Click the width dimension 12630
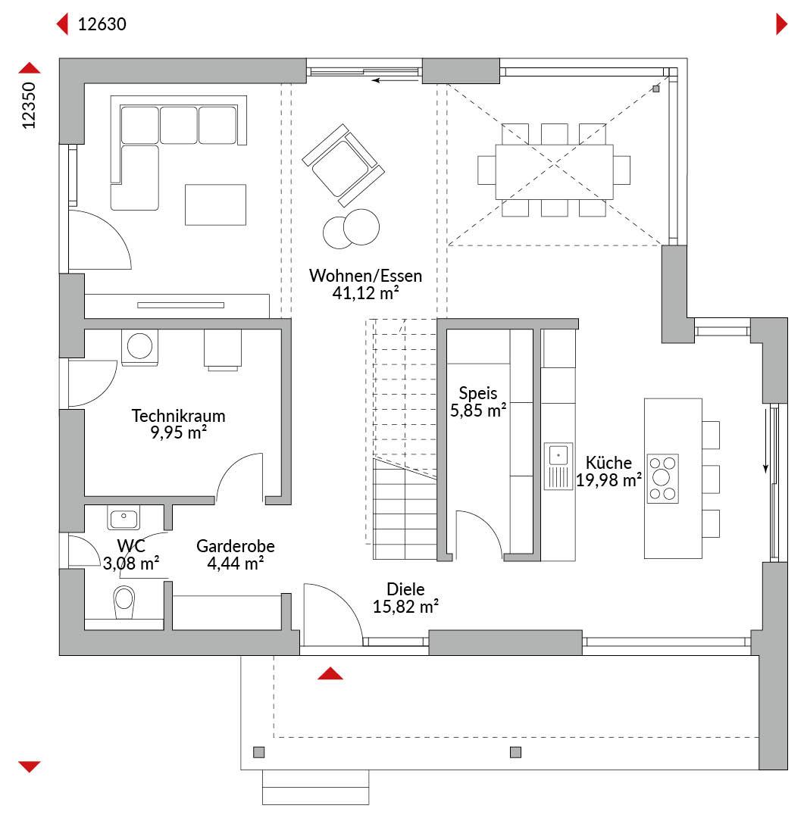tap(102, 24)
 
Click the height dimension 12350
tap(29, 105)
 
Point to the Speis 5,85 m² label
tap(478, 401)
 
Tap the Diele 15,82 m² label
tap(405, 598)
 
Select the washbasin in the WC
tap(124, 517)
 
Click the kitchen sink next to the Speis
tap(558, 467)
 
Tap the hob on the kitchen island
tap(662, 479)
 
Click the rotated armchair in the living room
tap(343, 165)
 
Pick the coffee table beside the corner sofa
tap(216, 204)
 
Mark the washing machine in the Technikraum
tap(139, 347)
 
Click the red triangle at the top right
tap(781, 24)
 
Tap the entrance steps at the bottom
tap(315, 787)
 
